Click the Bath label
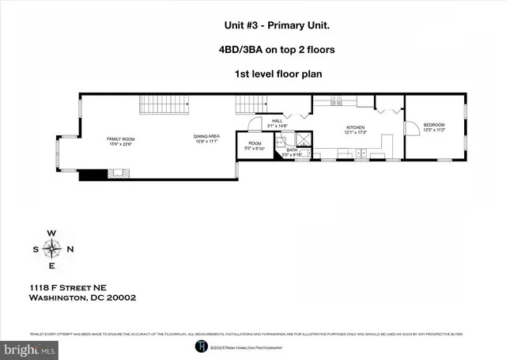coord(292,153)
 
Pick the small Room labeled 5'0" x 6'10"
coord(253,146)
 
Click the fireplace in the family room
coord(119,174)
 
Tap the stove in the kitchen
coord(336,102)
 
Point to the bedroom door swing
coord(412,127)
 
